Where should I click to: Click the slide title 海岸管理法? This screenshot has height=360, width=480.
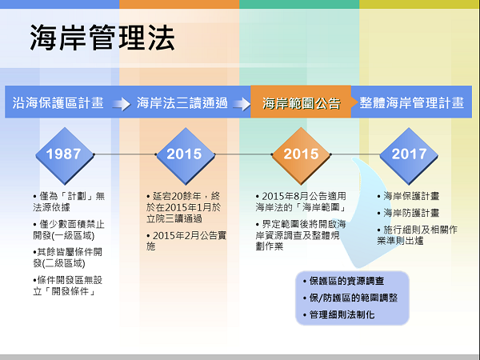pos(102,38)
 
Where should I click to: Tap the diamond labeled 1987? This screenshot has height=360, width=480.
pos(65,155)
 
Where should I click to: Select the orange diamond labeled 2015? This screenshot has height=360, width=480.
pos(302,155)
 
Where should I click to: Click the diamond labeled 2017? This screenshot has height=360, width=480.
pos(409,155)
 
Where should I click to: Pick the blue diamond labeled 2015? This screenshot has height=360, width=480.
pos(186,155)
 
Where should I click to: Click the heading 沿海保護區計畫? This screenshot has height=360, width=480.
pos(58,103)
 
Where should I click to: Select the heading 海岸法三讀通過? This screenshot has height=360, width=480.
pos(182,103)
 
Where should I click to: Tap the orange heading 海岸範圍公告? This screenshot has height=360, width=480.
pos(302,103)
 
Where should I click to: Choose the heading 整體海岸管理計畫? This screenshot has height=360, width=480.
pos(412,103)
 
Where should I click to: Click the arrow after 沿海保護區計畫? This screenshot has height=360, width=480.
pos(122,104)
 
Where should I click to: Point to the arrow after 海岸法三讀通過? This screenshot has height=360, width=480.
pos(242,104)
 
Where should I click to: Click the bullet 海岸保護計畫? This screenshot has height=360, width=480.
pos(408,196)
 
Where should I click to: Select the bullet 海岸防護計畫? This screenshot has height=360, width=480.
pos(408,213)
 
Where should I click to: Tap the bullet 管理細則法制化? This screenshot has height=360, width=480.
pos(339,314)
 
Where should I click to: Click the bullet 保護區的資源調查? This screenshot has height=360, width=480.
pos(343,281)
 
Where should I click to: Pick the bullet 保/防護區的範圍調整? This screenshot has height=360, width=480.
pos(350,298)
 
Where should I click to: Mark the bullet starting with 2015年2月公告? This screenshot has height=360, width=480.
pos(186,241)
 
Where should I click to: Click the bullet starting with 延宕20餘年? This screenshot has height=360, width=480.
pos(183,207)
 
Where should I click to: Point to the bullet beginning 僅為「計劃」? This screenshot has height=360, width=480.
pos(69,202)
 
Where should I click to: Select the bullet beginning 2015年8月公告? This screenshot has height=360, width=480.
pos(302,202)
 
